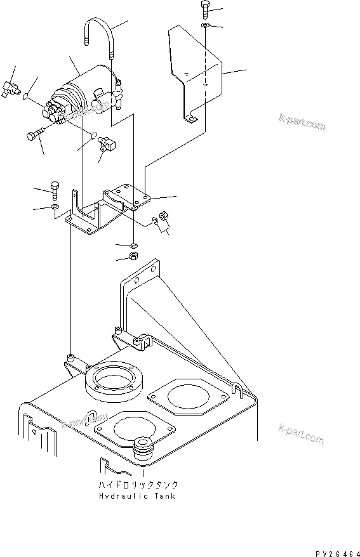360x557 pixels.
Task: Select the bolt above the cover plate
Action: point(206,9)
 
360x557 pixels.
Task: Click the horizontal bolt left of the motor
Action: point(36,134)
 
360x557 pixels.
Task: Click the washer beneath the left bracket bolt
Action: point(55,207)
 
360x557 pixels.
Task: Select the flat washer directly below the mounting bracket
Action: point(133,245)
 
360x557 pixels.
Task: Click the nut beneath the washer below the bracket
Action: point(133,257)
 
